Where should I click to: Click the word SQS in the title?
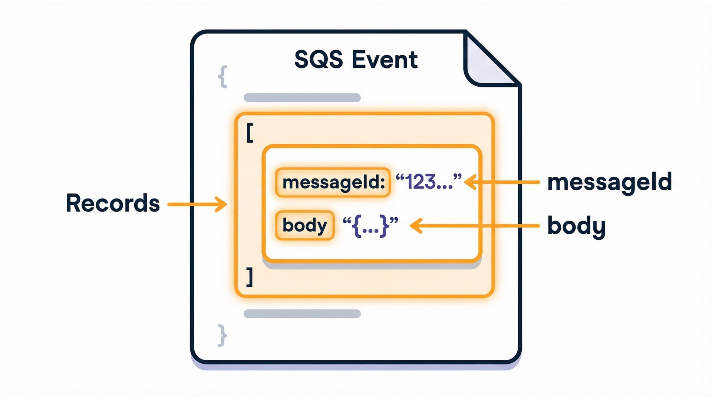click(x=318, y=60)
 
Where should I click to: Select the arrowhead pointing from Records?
click(x=222, y=204)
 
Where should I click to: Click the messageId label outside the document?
click(x=609, y=182)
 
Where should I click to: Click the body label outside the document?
click(x=576, y=226)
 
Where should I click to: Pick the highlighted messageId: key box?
click(x=333, y=182)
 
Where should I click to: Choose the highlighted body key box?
click(x=304, y=225)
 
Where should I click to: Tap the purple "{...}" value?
click(x=370, y=225)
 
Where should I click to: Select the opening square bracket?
click(x=250, y=133)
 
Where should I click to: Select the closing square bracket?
click(x=250, y=277)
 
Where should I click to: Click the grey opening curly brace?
click(x=223, y=77)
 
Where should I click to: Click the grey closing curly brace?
click(x=222, y=335)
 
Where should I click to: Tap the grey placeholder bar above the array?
click(x=302, y=98)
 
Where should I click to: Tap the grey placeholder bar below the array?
click(x=302, y=314)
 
